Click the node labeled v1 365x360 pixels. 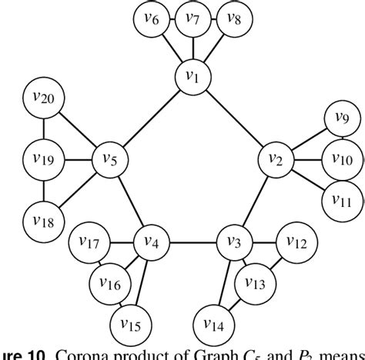pyautogui.click(x=193, y=76)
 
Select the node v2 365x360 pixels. pyautogui.click(x=275, y=159)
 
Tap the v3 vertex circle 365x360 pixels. pyautogui.click(x=233, y=242)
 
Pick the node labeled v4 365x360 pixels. pyautogui.click(x=151, y=242)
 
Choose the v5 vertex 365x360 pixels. pyautogui.click(x=110, y=159)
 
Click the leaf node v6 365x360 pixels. pyautogui.click(x=152, y=20)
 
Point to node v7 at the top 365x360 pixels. pyautogui.click(x=193, y=20)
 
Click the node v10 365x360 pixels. pyautogui.click(x=341, y=159)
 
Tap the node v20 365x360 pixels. pyautogui.click(x=43, y=98)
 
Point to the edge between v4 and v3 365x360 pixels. pyautogui.click(x=193, y=242)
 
